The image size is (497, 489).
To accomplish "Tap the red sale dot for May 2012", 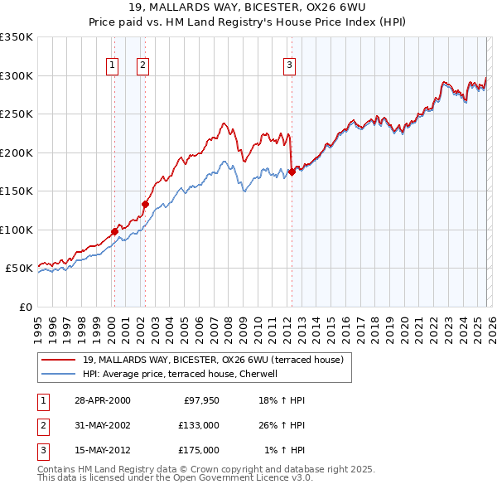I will click(x=292, y=172).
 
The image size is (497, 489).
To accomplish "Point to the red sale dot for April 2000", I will click(x=115, y=231).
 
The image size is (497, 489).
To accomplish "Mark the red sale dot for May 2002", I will click(x=145, y=204).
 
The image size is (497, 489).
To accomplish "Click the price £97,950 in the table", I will click(x=198, y=400).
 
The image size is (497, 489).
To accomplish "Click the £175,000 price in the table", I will click(x=198, y=450).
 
